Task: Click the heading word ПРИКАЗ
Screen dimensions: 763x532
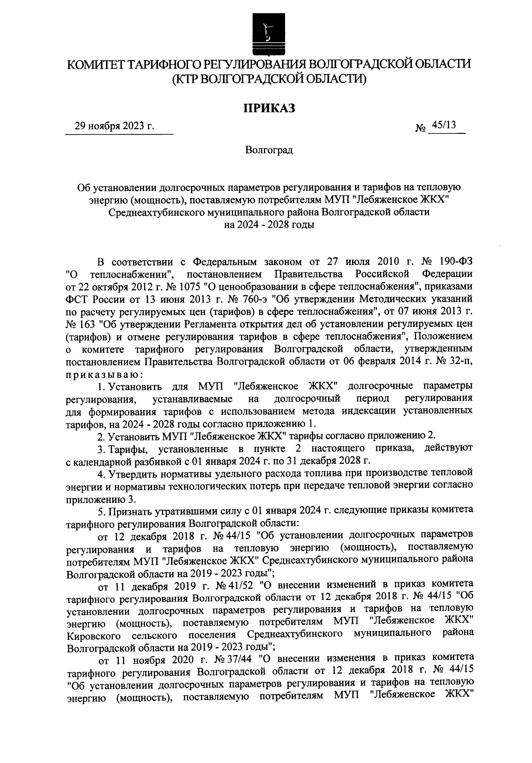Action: (x=269, y=108)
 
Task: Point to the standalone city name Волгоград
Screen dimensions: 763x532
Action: (x=269, y=150)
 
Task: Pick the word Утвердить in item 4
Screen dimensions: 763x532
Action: (x=131, y=474)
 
